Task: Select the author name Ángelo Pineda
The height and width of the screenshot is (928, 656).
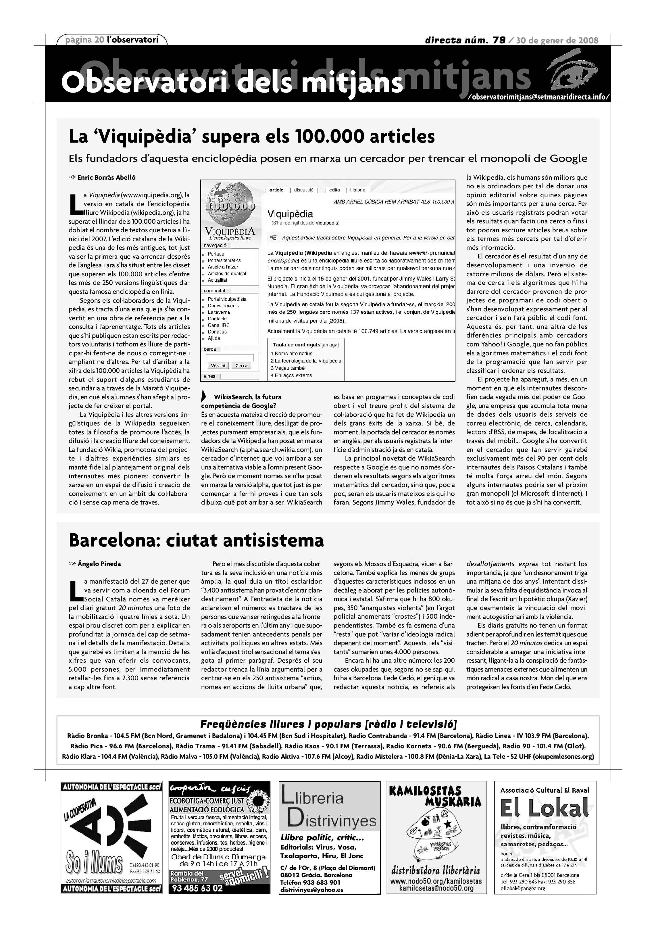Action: [x=99, y=564]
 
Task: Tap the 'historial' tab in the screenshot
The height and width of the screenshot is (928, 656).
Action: [x=358, y=190]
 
